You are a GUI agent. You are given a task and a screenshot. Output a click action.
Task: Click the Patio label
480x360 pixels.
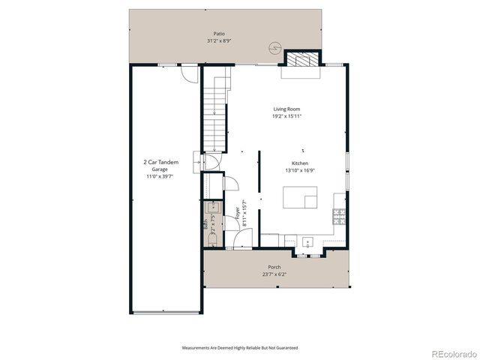click(x=219, y=34)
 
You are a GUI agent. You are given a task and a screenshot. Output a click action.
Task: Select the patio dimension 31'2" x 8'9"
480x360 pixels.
click(x=219, y=41)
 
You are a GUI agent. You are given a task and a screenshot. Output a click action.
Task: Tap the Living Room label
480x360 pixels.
click(x=286, y=109)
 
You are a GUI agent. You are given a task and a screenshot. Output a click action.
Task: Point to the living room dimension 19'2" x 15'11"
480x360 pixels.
click(x=286, y=116)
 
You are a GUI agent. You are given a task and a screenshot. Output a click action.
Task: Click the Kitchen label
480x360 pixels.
click(x=300, y=163)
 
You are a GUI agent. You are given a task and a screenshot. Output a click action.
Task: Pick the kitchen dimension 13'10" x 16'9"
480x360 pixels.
click(x=300, y=170)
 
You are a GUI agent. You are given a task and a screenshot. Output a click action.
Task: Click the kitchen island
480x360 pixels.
click(x=298, y=197)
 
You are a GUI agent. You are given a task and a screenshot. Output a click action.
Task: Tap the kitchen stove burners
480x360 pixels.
click(x=339, y=217)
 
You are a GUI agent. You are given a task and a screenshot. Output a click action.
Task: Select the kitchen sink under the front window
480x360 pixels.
click(x=307, y=243)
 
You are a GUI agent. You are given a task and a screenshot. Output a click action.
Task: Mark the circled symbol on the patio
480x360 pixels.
click(x=274, y=48)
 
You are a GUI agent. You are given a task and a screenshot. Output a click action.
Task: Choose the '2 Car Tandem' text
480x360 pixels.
click(x=161, y=162)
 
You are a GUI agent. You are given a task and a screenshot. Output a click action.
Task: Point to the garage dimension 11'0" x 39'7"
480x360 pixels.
click(x=161, y=177)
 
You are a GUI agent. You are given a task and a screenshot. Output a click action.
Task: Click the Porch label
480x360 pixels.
click(x=274, y=268)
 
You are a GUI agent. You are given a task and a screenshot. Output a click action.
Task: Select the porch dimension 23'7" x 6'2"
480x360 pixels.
click(x=274, y=274)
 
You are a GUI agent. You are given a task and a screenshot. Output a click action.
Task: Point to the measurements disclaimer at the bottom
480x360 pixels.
click(x=240, y=348)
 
